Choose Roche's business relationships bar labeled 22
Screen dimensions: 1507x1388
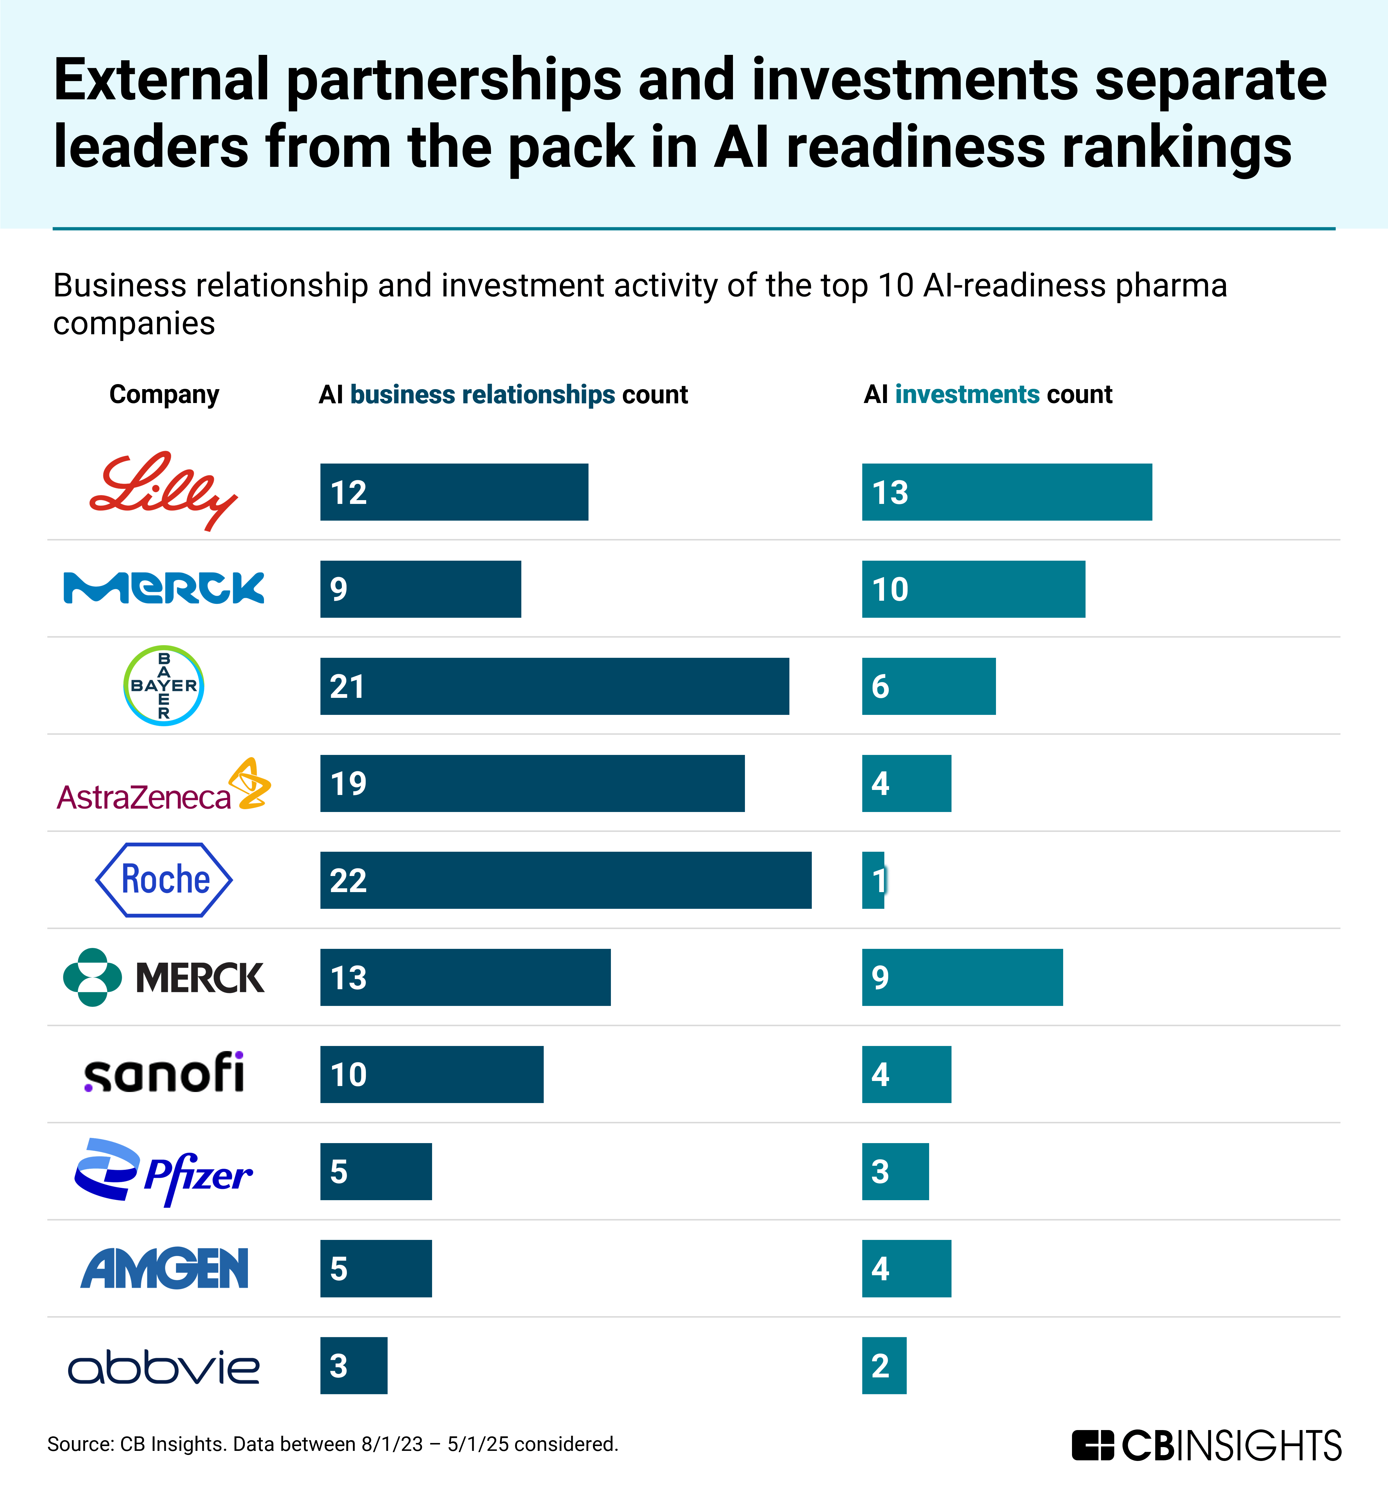(x=565, y=880)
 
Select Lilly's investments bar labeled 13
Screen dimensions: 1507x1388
(x=1006, y=492)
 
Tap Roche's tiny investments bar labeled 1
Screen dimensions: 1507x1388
(x=873, y=880)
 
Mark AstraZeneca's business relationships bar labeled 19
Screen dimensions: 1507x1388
(x=532, y=783)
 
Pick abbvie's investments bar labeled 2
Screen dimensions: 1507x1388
(x=884, y=1365)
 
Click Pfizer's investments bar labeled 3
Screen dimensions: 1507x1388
(x=895, y=1171)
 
